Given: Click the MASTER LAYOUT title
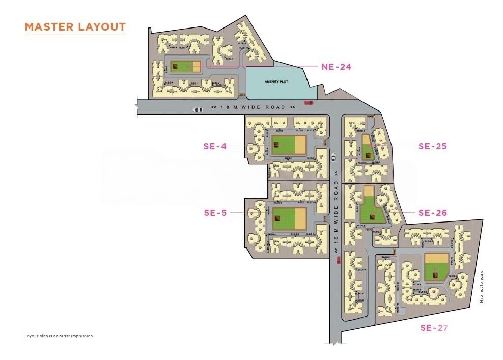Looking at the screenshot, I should (x=75, y=26).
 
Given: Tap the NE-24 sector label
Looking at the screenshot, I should (x=336, y=67).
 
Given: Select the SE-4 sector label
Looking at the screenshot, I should (x=215, y=147).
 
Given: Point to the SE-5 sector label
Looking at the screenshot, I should (x=215, y=213).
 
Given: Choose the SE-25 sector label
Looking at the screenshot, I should (x=432, y=146).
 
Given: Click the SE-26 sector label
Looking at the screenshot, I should (x=432, y=213).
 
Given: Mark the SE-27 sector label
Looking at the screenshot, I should (x=434, y=328).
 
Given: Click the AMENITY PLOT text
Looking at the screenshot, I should (x=276, y=81).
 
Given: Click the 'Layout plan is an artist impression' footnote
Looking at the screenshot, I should (x=59, y=336).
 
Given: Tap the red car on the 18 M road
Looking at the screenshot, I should (x=309, y=103).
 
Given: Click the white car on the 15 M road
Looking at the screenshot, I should (x=333, y=156).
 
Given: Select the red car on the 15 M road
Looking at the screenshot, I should (x=338, y=261).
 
